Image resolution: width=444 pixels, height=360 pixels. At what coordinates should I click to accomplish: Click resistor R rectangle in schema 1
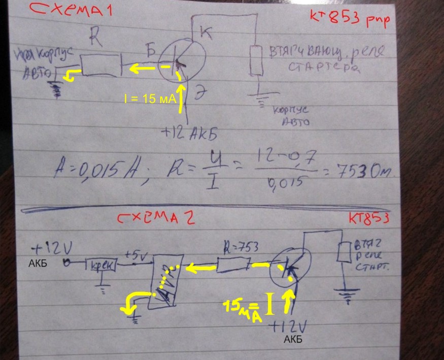tap(101, 64)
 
